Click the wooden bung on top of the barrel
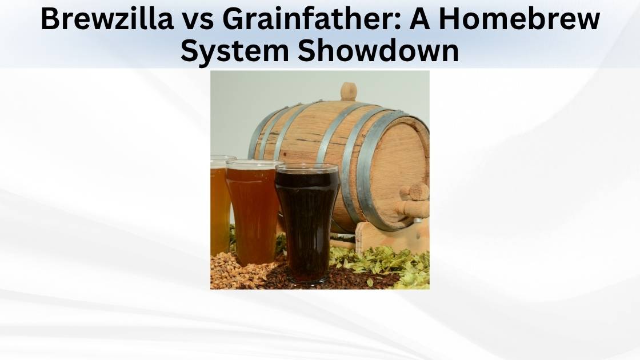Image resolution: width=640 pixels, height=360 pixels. [348, 91]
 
